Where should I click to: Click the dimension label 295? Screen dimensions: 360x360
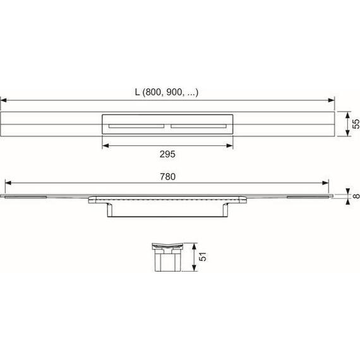(167, 154)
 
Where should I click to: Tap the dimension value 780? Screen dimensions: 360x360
(167, 177)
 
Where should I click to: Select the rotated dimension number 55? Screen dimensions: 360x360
(356, 124)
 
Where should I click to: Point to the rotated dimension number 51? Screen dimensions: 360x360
(203, 256)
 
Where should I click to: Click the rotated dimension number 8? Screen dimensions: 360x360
(356, 196)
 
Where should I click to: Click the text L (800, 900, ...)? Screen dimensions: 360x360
(167, 92)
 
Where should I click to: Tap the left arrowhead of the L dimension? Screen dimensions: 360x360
(4, 100)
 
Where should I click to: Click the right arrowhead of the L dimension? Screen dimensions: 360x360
(332, 100)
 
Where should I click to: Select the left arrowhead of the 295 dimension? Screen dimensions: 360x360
(105, 145)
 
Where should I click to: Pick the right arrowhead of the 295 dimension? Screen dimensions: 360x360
(230, 145)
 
